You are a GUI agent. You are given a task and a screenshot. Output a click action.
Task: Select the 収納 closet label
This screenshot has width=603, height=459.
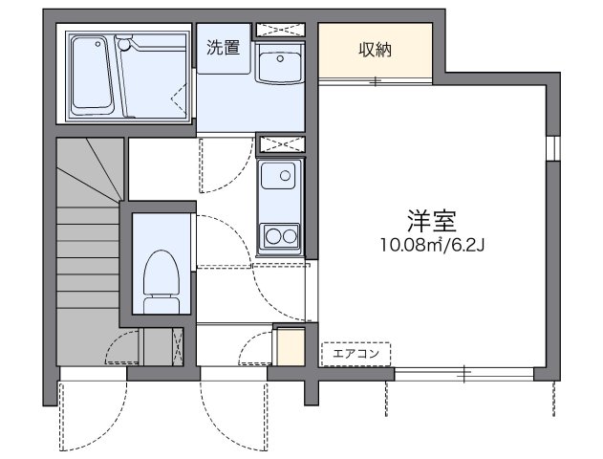[376, 50]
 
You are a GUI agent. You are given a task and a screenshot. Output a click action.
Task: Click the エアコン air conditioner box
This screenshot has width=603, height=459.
[355, 354]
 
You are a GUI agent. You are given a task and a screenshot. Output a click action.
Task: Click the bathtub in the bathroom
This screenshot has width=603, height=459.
[91, 74]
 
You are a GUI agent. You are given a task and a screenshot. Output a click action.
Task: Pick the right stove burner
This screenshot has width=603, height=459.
[290, 234]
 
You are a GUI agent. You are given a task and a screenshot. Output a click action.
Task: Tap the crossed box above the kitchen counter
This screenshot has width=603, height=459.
[280, 143]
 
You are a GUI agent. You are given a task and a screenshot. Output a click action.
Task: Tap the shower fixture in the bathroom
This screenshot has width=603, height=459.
[124, 43]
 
